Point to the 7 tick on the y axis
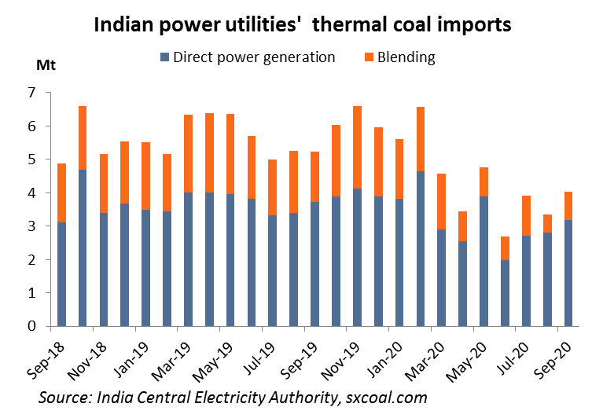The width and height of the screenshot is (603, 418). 32,93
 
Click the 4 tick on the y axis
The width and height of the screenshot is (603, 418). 32,192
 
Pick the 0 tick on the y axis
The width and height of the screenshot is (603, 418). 32,326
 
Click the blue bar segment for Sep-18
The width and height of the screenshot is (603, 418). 61,274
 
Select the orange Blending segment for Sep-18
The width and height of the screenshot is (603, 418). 61,192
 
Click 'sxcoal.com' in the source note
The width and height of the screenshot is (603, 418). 387,397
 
